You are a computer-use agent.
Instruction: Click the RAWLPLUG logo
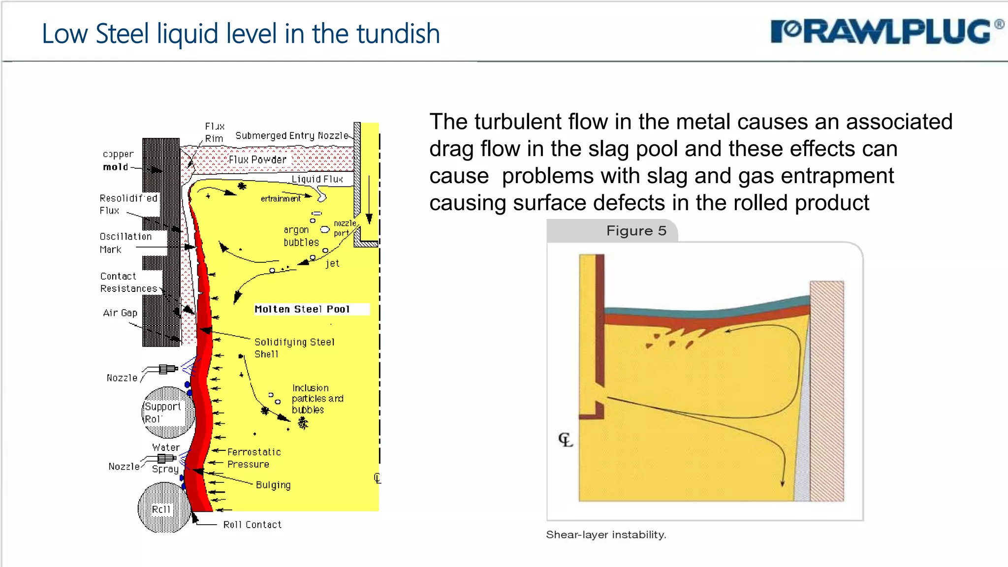886,32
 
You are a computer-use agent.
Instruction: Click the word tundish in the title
398,34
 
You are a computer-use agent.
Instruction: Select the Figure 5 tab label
636,231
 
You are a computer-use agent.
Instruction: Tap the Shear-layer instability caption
606,535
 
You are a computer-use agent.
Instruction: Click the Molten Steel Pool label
302,309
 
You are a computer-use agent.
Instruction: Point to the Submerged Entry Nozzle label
291,136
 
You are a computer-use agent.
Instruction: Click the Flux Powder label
257,160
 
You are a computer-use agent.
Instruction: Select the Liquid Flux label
317,179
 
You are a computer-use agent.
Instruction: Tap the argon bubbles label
301,236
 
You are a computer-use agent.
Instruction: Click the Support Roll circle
167,412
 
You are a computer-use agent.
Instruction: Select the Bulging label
273,485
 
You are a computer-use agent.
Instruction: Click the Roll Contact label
252,525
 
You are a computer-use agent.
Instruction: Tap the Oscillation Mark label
125,243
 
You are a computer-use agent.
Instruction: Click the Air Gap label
120,313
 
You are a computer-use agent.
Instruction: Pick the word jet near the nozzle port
333,263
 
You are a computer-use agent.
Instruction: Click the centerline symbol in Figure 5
566,440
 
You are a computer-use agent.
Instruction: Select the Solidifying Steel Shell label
294,347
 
